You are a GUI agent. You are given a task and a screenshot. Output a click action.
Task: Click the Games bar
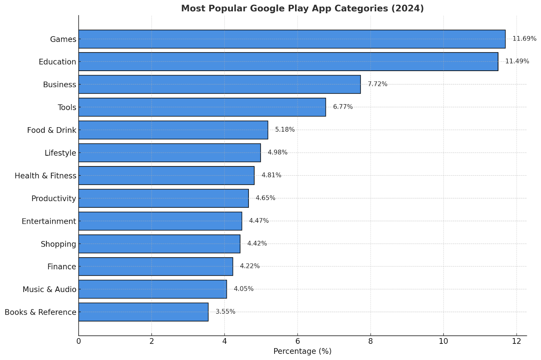click(x=292, y=39)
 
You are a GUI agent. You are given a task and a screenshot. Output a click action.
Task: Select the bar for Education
click(x=288, y=62)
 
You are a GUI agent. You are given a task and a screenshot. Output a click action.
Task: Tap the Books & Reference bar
click(x=143, y=312)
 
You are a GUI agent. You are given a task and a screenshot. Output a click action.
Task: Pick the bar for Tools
click(x=202, y=107)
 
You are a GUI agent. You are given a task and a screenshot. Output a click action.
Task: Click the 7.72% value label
click(x=377, y=84)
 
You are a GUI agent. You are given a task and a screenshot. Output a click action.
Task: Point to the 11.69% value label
click(x=524, y=39)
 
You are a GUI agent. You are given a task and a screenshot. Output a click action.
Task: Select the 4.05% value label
click(x=243, y=289)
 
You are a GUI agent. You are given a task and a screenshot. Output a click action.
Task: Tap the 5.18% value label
click(x=285, y=130)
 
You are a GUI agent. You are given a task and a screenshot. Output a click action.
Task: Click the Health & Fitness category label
click(x=45, y=176)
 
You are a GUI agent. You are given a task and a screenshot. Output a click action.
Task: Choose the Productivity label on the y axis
click(x=53, y=199)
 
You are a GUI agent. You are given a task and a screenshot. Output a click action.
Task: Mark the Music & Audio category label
click(x=49, y=289)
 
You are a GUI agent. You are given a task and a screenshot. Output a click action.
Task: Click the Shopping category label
click(x=58, y=244)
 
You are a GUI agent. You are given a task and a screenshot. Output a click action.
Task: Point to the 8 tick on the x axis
click(x=371, y=341)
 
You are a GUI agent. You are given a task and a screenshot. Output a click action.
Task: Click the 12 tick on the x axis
click(x=516, y=341)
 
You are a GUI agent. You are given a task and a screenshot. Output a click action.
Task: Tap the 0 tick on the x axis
click(x=79, y=341)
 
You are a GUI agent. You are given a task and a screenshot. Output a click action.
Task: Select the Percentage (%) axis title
click(x=302, y=351)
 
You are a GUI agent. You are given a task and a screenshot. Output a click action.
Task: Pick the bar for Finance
click(x=156, y=267)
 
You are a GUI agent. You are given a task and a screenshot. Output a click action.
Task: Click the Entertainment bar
click(x=160, y=221)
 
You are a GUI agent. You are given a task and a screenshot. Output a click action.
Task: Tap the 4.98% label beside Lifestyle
click(x=277, y=153)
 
